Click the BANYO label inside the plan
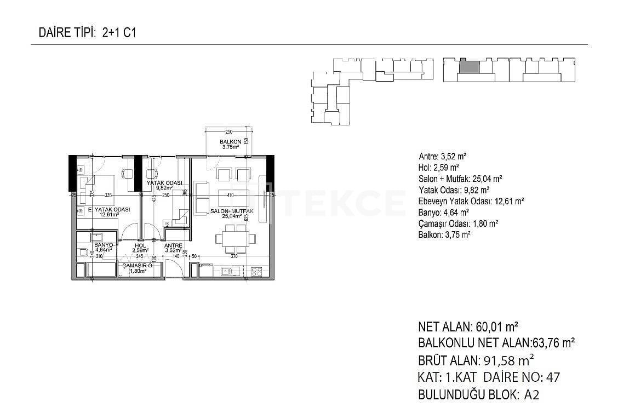[104, 245]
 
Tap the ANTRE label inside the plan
[173, 245]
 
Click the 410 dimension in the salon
[230, 195]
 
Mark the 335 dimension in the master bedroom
[108, 195]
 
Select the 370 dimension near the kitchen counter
[234, 256]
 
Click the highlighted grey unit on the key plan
[468, 67]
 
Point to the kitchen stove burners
[256, 271]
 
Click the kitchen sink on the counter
[226, 271]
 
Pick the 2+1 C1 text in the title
[119, 32]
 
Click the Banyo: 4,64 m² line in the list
[443, 213]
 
